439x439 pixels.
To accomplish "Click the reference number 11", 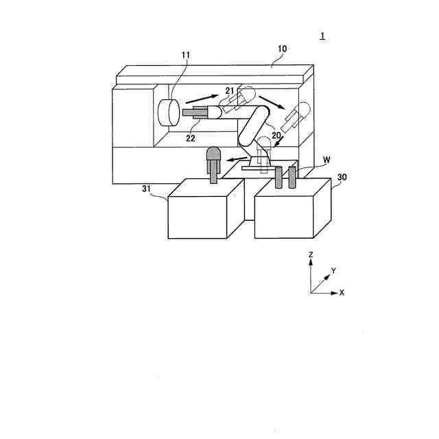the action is (x=185, y=54).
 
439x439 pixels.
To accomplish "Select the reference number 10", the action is (x=282, y=49).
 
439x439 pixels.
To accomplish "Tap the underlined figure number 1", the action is (x=322, y=36).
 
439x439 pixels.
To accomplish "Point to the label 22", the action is (x=191, y=138).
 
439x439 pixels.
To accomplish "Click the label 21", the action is (x=229, y=91).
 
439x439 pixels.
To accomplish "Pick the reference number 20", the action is (x=276, y=136).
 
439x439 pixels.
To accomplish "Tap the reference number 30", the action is (x=342, y=176).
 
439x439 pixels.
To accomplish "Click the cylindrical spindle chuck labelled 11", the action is (x=168, y=112).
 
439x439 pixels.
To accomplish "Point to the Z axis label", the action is (x=311, y=254).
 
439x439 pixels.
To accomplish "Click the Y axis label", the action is (x=333, y=271).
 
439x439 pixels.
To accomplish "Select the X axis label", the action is (x=342, y=292).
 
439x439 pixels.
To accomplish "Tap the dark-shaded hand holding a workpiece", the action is (x=214, y=159).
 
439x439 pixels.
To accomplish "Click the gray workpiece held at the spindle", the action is (x=194, y=113).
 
